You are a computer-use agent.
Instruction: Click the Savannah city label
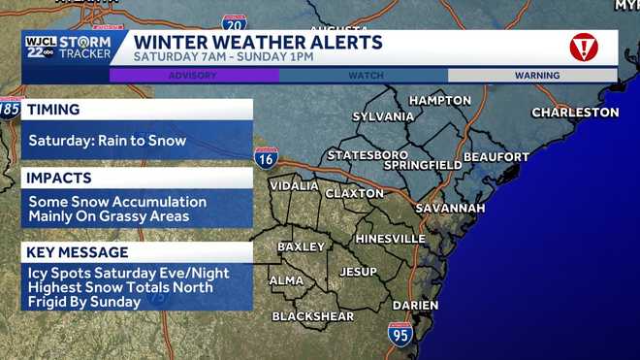450,209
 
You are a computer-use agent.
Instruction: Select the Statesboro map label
368,155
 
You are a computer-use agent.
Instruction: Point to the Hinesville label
391,239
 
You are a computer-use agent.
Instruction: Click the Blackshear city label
311,316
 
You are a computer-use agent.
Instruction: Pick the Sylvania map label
383,116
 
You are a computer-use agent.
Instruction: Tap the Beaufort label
496,156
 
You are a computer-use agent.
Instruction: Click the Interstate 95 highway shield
400,335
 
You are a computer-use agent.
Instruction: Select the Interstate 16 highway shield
266,158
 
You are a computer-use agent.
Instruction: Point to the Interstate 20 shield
234,22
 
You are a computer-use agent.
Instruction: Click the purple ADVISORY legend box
193,75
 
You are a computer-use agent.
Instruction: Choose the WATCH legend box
363,75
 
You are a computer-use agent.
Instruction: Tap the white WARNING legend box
531,75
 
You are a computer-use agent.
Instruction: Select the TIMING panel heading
54,111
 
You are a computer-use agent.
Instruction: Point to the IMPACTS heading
59,179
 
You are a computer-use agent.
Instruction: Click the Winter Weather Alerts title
258,43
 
